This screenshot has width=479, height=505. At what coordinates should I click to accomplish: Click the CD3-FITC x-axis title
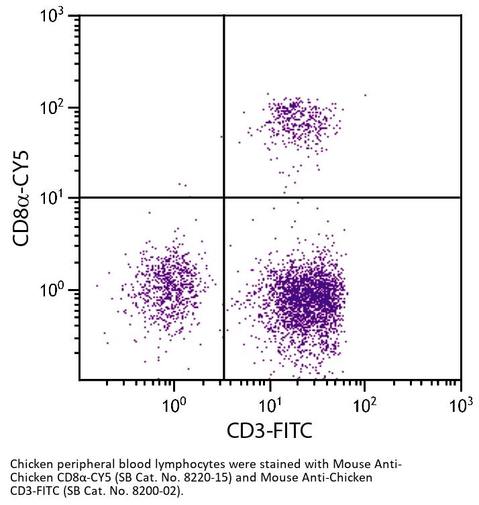coord(270,431)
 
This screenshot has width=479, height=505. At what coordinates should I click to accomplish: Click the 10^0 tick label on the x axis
coord(174,404)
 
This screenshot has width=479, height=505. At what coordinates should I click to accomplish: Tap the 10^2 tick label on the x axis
coord(365,404)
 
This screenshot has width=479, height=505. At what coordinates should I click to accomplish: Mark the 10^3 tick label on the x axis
coord(460,404)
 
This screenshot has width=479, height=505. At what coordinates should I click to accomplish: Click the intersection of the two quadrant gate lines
coord(223,197)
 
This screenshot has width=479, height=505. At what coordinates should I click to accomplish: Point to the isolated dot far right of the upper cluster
coord(366,95)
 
